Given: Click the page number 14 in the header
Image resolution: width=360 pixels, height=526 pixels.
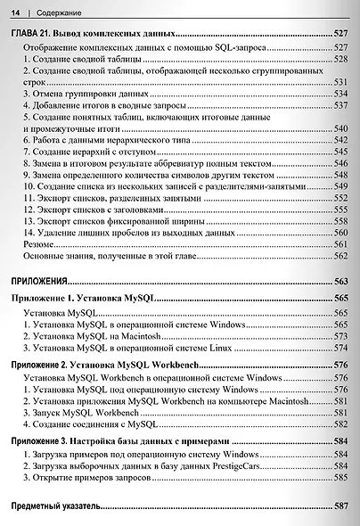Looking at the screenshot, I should (x=14, y=11).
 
